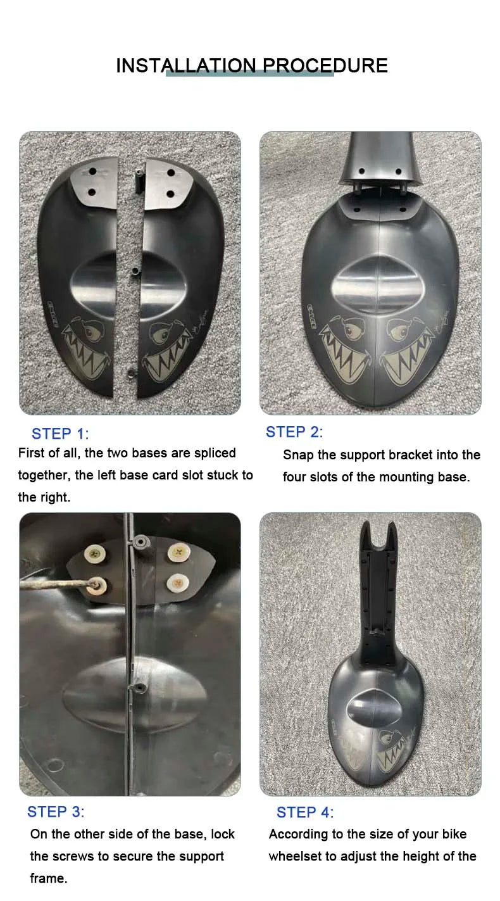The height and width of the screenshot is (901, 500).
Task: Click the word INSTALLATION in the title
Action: (x=186, y=66)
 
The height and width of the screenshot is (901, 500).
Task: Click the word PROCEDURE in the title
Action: (x=325, y=66)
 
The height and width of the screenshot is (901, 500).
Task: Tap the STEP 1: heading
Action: (x=60, y=434)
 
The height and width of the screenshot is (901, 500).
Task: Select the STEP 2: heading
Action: (x=294, y=432)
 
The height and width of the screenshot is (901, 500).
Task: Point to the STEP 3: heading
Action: (x=56, y=811)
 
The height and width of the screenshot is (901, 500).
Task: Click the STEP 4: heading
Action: (x=305, y=812)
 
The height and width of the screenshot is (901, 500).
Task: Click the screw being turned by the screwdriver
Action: (x=96, y=584)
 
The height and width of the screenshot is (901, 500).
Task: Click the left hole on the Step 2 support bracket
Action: (x=362, y=172)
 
